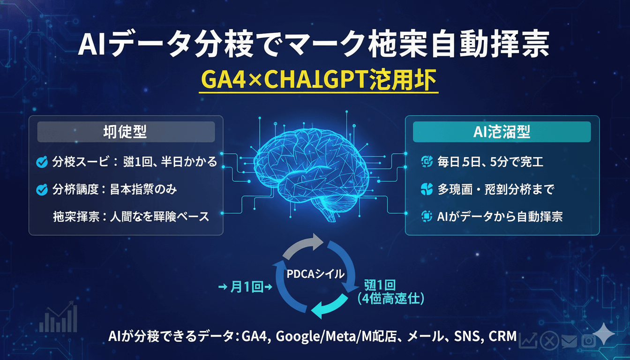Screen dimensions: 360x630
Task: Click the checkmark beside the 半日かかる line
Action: pyautogui.click(x=42, y=163)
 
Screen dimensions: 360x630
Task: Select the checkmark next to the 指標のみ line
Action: pyautogui.click(x=42, y=190)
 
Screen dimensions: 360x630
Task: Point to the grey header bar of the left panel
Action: pyautogui.click(x=126, y=132)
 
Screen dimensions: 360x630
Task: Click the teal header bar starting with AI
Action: pyautogui.click(x=502, y=132)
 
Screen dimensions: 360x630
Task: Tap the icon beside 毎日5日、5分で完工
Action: pyautogui.click(x=426, y=162)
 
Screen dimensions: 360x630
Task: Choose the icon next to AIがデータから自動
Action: pyautogui.click(x=426, y=216)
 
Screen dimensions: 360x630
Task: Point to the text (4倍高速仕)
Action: pyautogui.click(x=390, y=298)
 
